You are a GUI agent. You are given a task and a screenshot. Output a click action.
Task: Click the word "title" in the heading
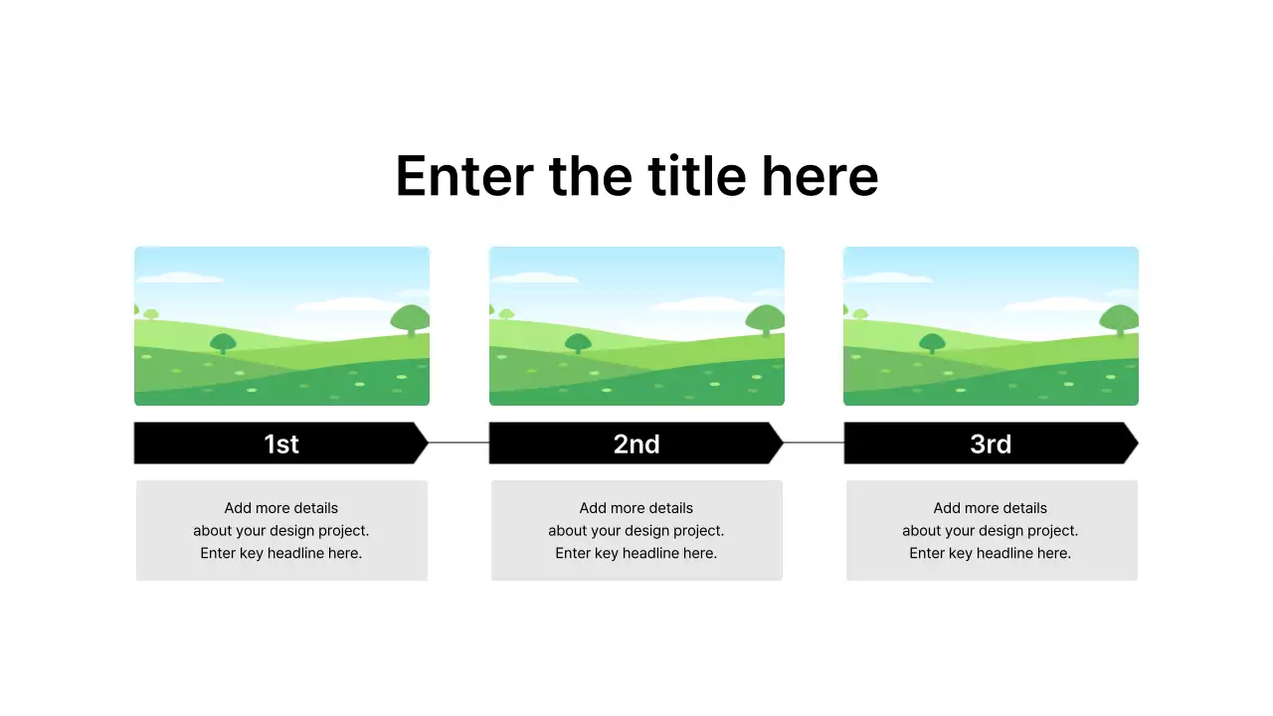(696, 176)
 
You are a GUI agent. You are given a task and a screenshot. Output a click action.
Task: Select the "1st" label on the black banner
(281, 444)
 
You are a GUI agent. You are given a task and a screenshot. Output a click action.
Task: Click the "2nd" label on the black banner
(636, 444)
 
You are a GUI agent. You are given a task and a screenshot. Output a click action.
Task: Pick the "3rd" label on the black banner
(991, 444)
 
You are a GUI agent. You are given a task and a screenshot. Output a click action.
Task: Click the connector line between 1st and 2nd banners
(458, 443)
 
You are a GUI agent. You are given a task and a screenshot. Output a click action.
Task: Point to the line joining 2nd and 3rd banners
(814, 443)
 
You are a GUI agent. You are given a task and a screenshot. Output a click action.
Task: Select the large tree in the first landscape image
(410, 319)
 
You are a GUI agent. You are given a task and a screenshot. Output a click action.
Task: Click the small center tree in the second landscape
(578, 343)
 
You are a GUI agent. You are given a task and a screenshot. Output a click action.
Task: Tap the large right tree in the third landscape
(1119, 319)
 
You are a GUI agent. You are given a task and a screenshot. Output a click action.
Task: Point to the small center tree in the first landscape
(223, 343)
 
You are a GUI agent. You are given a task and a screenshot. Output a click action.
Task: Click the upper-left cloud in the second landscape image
(534, 277)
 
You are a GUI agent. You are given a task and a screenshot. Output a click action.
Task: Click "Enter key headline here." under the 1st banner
(281, 553)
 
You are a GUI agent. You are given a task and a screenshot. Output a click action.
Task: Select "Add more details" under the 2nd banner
(636, 508)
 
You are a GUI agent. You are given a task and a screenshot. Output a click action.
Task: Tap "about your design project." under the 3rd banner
(991, 531)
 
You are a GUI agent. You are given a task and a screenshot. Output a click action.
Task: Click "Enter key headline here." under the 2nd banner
(636, 553)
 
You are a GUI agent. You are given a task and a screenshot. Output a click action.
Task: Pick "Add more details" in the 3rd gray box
(991, 508)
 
